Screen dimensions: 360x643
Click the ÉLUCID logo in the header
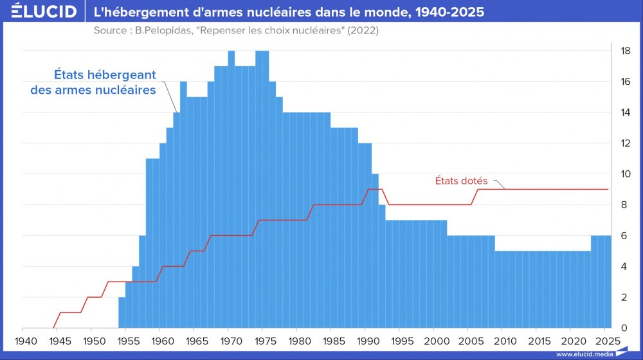tap(39, 12)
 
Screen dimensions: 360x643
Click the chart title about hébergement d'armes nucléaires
tap(289, 12)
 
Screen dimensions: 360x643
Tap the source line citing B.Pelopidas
tap(235, 31)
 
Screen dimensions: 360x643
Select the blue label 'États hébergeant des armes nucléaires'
tap(94, 82)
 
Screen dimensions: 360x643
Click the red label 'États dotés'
tap(462, 181)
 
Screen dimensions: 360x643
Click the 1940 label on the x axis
tap(24, 340)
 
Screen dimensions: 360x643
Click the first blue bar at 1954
tap(122, 313)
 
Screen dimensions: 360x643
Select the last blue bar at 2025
tap(608, 283)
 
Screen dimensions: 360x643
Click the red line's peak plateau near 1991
tap(374, 189)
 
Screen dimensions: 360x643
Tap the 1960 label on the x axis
tap(160, 340)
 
